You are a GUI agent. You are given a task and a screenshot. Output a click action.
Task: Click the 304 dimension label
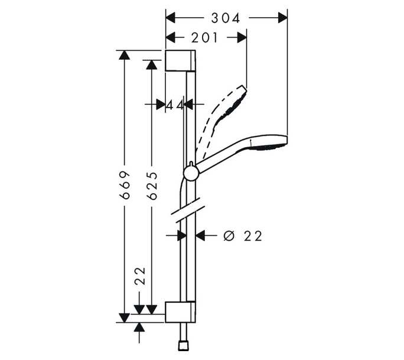pyautogui.click(x=226, y=18)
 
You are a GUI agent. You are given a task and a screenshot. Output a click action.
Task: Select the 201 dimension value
pyautogui.click(x=204, y=38)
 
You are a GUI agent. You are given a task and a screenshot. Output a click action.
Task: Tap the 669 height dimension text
pyautogui.click(x=125, y=184)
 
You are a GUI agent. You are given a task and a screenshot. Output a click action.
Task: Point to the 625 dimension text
pyautogui.click(x=152, y=186)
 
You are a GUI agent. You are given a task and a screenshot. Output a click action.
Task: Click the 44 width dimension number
pyautogui.click(x=175, y=105)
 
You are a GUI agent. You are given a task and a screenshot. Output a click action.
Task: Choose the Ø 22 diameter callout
pyautogui.click(x=243, y=236)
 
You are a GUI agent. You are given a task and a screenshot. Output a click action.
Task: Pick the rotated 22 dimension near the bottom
pyautogui.click(x=141, y=276)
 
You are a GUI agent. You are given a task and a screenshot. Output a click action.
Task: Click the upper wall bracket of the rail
pyautogui.click(x=180, y=60)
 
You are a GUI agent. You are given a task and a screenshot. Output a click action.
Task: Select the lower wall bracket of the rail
pyautogui.click(x=180, y=312)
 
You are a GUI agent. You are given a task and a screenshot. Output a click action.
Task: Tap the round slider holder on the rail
pyautogui.click(x=191, y=173)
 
